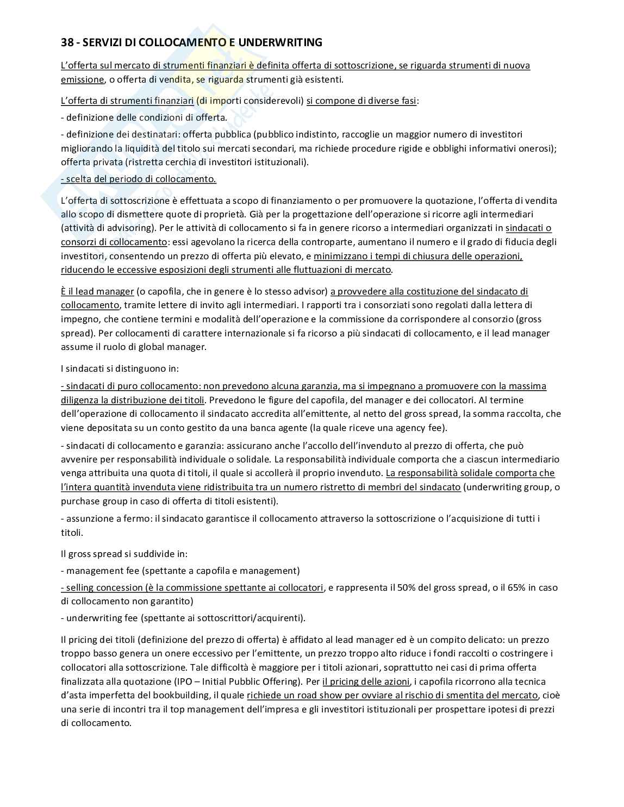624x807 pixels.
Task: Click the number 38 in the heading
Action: point(67,42)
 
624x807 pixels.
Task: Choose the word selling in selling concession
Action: point(82,587)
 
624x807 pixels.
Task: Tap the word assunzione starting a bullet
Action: point(89,518)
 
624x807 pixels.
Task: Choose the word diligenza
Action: point(82,400)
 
